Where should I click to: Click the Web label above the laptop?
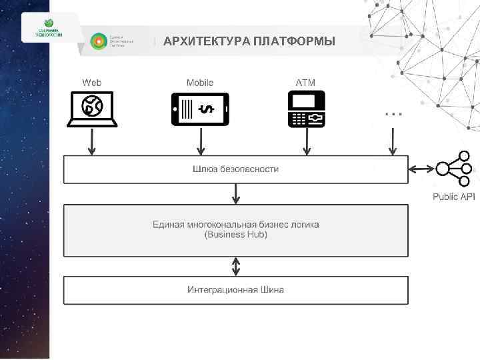tap(92, 83)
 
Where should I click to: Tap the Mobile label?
tap(200, 83)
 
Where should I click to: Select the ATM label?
tap(305, 83)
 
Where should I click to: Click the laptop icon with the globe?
tap(92, 109)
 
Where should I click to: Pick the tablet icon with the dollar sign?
tap(200, 109)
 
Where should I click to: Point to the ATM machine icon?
tap(306, 109)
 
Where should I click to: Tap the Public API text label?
tap(454, 197)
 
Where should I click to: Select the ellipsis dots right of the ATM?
tap(394, 113)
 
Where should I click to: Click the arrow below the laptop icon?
tap(92, 141)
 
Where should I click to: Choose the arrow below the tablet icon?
tap(200, 141)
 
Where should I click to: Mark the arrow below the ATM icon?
tap(306, 141)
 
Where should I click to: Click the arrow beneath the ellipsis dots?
tap(393, 141)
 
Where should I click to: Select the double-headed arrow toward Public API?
tap(422, 169)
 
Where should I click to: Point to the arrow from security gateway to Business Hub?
tap(236, 194)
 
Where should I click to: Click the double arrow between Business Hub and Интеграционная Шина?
tap(236, 267)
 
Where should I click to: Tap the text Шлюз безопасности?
tap(236, 169)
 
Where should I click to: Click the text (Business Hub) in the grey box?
tap(236, 235)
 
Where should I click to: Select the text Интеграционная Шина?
tap(236, 289)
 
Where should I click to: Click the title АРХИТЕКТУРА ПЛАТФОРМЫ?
tap(249, 42)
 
